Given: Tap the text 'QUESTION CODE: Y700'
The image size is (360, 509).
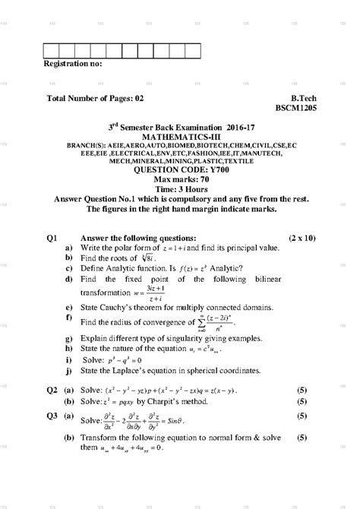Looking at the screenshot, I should (x=180, y=169).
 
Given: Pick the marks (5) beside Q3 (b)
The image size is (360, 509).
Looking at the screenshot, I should (x=302, y=438).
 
